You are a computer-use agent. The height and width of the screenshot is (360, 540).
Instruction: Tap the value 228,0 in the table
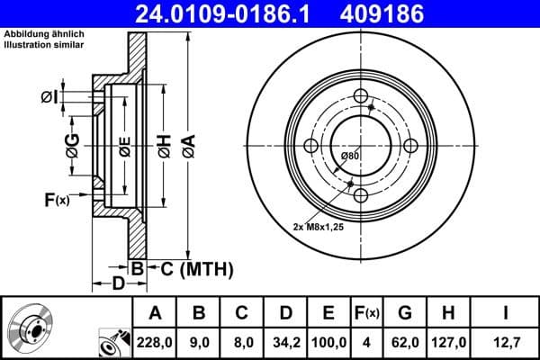click(x=155, y=343)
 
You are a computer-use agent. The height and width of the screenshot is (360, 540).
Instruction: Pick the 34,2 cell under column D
click(x=285, y=343)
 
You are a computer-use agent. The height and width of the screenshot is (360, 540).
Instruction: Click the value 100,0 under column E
click(x=328, y=343)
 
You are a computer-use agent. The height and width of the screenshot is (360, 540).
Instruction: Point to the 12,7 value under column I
click(x=506, y=343)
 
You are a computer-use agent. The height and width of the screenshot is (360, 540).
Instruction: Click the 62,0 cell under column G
click(x=404, y=343)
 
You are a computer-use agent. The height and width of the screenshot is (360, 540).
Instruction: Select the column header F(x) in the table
click(x=366, y=313)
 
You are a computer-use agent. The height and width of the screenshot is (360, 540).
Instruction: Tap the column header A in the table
click(x=155, y=313)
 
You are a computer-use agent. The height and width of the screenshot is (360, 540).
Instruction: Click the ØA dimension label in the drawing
click(x=187, y=145)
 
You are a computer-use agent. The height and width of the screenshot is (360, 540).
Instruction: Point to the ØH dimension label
click(x=163, y=145)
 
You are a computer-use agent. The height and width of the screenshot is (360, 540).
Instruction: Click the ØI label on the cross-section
click(x=50, y=96)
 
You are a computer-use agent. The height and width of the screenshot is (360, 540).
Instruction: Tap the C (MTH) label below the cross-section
click(x=190, y=268)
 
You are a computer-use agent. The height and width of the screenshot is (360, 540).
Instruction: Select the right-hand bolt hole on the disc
click(x=410, y=147)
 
